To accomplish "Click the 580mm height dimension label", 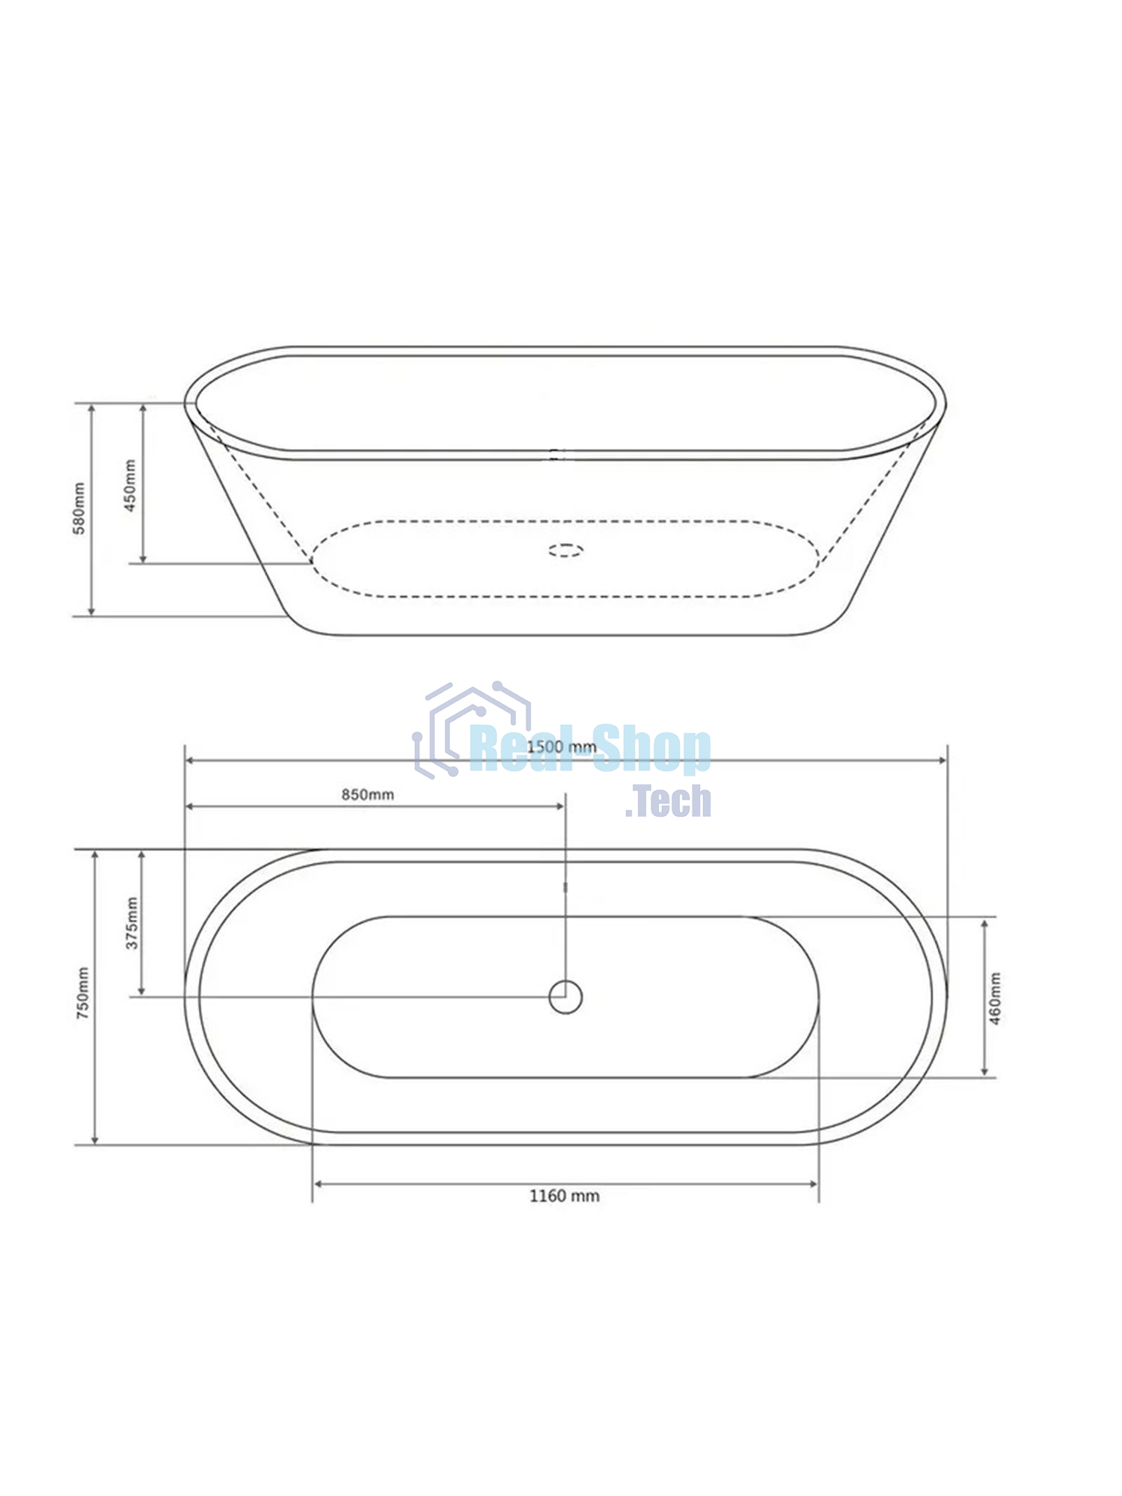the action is [79, 509].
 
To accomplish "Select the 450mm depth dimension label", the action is [130, 485].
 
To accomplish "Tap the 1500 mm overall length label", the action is [562, 747].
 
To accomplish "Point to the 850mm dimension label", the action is [368, 794].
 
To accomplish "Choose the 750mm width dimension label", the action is [82, 994].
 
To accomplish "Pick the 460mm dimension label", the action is [995, 999].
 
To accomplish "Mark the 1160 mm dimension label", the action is [565, 1196].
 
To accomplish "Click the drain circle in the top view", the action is [565, 997].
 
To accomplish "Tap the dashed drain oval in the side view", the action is [566, 551].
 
